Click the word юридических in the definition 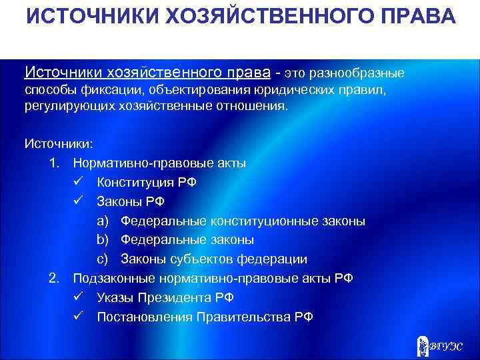[287, 89]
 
